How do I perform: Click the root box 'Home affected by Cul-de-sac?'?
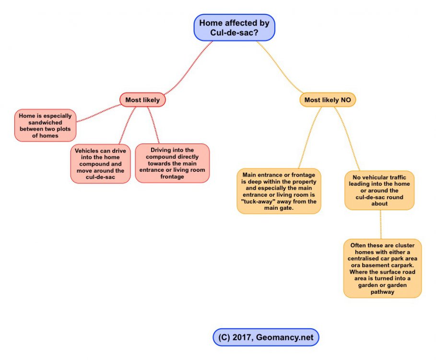pos(234,27)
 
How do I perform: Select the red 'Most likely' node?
pos(142,100)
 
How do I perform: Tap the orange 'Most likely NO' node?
pos(328,100)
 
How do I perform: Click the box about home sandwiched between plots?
pos(45,125)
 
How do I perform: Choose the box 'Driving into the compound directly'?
pos(172,163)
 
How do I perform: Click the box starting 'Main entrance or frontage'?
pos(279,191)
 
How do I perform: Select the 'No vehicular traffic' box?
pos(379,191)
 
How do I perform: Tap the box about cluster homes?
pos(382,268)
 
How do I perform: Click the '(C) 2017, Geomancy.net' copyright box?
pos(266,337)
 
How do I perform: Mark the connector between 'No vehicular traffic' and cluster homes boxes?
pos(381,224)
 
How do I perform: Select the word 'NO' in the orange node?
pos(345,100)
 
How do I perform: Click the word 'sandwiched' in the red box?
pos(45,122)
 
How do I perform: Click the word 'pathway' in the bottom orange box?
pos(382,291)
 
